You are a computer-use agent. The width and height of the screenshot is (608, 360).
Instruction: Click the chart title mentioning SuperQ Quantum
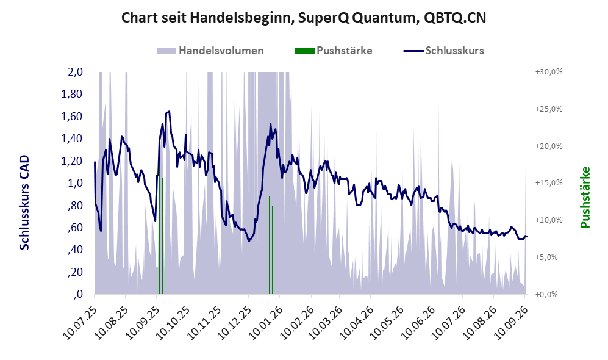[304, 18]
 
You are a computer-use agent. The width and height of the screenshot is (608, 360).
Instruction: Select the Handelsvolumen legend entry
[210, 51]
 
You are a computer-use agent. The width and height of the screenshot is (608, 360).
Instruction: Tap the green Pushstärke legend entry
[334, 51]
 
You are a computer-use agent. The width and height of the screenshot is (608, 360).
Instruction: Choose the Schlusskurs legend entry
[443, 51]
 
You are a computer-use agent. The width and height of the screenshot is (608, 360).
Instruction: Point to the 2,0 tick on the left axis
[75, 72]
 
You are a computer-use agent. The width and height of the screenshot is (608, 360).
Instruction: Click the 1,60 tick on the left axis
[72, 117]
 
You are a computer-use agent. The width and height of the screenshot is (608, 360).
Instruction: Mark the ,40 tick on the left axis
[75, 250]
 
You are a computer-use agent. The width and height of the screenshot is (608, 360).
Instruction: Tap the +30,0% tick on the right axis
[549, 72]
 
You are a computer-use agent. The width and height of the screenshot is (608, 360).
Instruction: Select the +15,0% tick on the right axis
[549, 182]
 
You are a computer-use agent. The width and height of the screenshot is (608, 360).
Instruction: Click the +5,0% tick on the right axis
[546, 257]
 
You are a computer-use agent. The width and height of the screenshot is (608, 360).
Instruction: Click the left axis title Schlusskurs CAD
[24, 203]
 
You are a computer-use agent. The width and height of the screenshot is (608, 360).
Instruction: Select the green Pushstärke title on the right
[585, 198]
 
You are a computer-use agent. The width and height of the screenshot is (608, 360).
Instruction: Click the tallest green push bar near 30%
[268, 185]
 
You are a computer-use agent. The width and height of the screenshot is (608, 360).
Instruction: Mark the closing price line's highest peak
[169, 111]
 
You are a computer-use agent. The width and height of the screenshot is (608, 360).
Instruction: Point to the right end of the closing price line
[526, 237]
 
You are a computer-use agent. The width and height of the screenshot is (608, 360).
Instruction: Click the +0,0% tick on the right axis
[546, 295]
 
